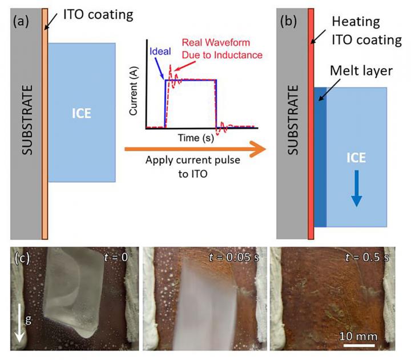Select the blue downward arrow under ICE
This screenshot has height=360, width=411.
[356, 190]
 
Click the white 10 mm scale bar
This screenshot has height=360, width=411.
[359, 344]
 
